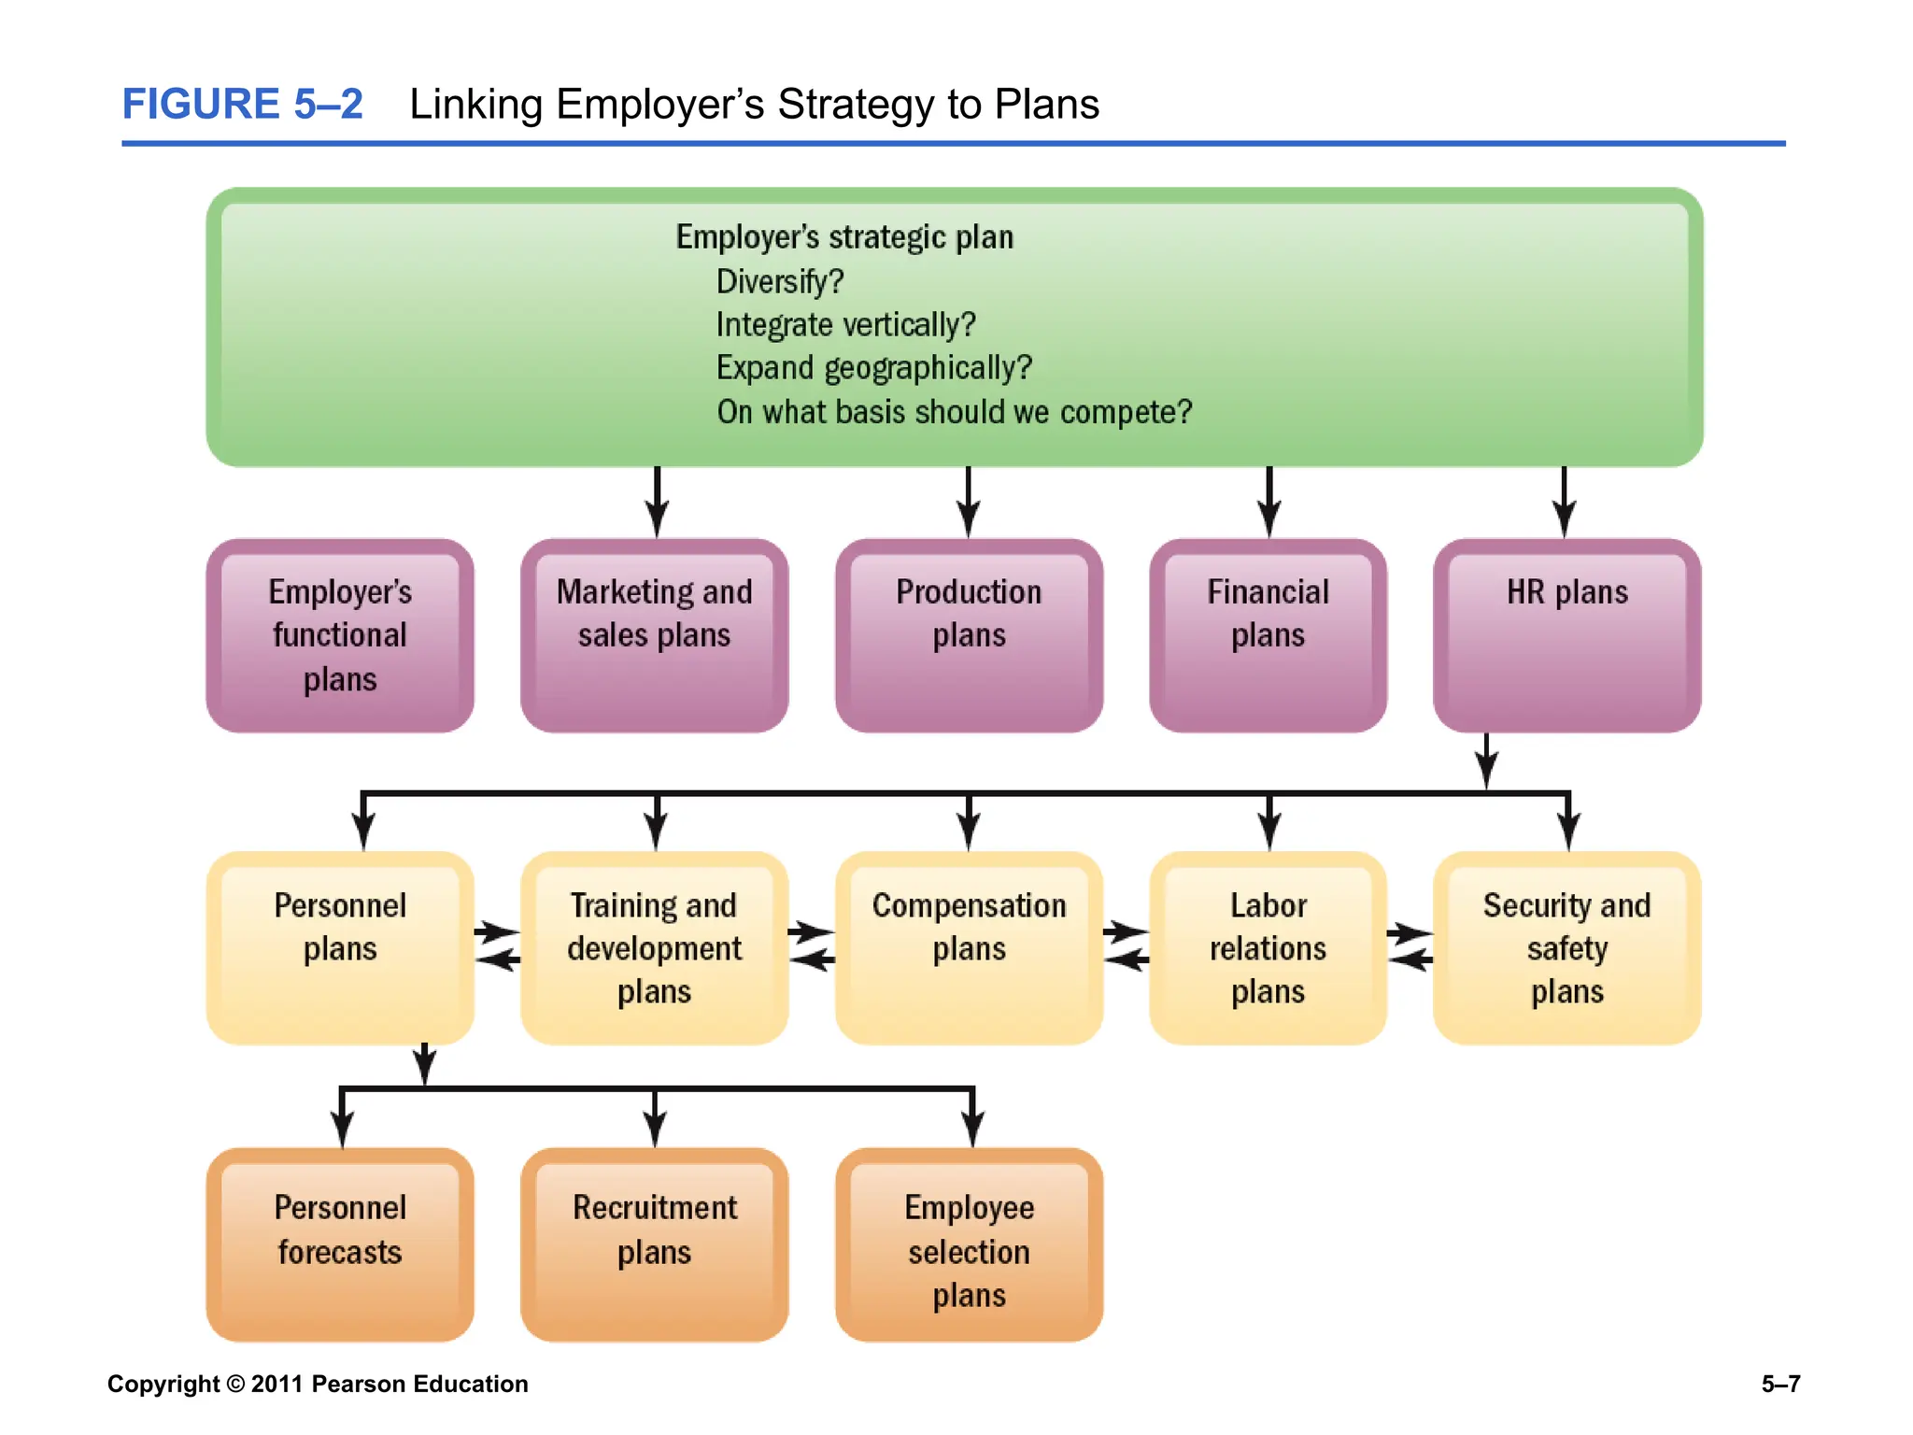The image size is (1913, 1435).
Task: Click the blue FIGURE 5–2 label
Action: tap(242, 104)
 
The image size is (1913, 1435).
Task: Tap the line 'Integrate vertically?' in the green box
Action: tap(845, 325)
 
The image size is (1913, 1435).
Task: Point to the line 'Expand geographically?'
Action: tap(873, 368)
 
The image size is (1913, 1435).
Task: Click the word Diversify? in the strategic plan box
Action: tap(779, 281)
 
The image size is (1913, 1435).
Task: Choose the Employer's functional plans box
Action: tap(340, 635)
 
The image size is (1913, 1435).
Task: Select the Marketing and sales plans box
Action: tap(654, 635)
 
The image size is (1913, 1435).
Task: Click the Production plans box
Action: tap(969, 635)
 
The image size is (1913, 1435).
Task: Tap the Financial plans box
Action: tap(1268, 635)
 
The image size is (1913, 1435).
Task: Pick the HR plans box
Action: tap(1566, 635)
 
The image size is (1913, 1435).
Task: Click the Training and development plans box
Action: tap(654, 948)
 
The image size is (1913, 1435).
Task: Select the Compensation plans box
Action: tap(969, 948)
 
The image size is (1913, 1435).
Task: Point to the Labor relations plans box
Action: tap(1268, 948)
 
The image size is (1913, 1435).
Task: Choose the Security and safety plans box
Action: tap(1566, 948)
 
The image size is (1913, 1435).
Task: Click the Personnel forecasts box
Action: tap(340, 1244)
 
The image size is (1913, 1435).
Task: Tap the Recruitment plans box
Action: tap(654, 1244)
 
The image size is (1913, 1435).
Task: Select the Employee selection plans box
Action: tap(969, 1244)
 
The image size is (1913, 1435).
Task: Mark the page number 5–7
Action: tap(1780, 1384)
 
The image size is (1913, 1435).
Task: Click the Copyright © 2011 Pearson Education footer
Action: tap(318, 1384)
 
